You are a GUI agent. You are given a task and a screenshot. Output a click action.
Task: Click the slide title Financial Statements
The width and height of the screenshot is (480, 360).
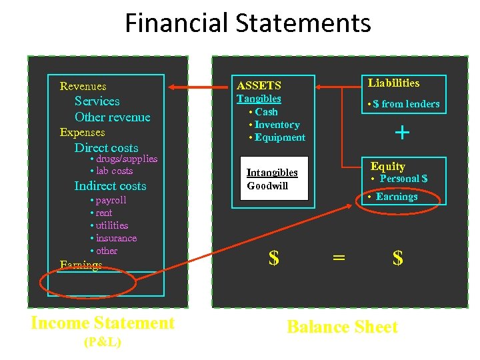coord(247,23)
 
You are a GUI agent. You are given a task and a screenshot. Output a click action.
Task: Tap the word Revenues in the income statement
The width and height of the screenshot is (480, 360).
coord(83,86)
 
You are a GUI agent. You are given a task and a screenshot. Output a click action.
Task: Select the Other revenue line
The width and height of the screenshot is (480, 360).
coord(112,117)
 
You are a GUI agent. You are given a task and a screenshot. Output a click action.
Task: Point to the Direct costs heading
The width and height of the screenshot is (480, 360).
coord(106,147)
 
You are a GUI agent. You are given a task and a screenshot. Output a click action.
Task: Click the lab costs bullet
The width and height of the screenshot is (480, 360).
coord(114,171)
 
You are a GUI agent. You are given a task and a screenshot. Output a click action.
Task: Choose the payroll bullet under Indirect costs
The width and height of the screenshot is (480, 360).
coord(110,200)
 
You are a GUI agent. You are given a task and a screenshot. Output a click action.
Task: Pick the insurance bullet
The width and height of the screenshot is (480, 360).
coord(116,238)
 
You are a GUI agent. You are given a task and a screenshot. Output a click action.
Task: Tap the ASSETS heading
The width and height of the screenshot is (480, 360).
coord(259,85)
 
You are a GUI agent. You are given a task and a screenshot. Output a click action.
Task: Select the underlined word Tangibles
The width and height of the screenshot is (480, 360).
coord(259,99)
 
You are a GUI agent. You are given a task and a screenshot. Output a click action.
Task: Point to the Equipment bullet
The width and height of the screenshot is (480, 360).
coord(279,137)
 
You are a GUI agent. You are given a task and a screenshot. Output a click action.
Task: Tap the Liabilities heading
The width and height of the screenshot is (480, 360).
coord(393,83)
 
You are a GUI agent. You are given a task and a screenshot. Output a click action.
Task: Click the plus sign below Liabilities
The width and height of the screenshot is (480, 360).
coord(402,132)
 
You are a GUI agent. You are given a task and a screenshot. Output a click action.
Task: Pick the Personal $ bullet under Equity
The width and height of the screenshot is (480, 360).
coord(403,179)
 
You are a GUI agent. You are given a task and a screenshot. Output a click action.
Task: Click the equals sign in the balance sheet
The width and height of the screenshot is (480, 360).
coord(339,258)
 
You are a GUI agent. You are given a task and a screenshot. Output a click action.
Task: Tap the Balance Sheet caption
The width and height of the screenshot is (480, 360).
coord(341,327)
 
